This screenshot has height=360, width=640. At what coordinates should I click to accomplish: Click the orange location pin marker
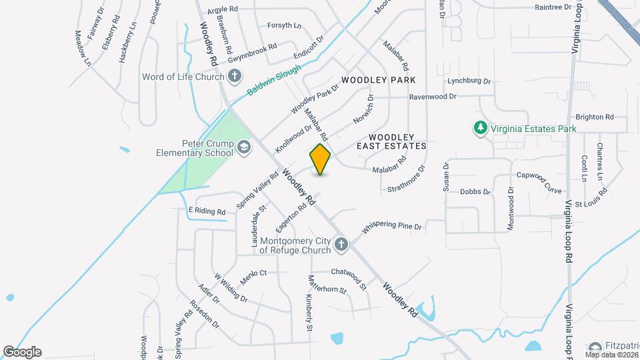(x=320, y=159)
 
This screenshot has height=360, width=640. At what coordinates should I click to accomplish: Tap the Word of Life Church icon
(x=233, y=76)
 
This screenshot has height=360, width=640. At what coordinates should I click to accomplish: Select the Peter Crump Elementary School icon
(x=243, y=147)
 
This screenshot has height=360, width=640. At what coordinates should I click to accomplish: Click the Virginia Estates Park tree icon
(x=479, y=128)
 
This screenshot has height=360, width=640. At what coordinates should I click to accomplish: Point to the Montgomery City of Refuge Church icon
(x=341, y=245)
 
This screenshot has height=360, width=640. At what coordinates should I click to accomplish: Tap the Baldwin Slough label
(x=274, y=81)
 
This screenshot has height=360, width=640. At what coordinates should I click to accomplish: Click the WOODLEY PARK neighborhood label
(x=378, y=80)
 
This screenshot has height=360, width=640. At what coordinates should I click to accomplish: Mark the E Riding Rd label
(x=207, y=211)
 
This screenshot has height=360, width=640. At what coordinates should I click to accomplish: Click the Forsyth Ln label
(x=284, y=25)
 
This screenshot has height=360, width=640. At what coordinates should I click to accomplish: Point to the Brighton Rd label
(x=594, y=116)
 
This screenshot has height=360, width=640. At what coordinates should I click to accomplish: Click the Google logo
(x=22, y=352)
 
